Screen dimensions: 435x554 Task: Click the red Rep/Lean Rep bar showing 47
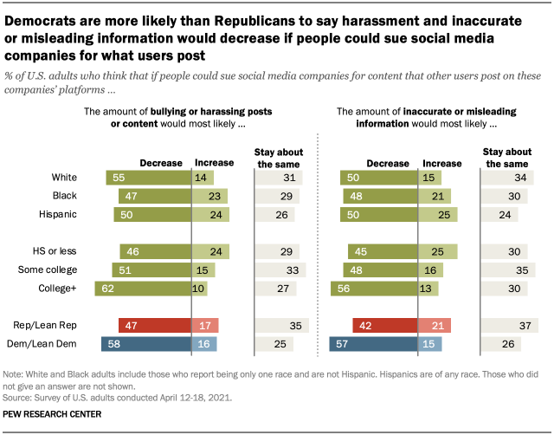pyautogui.click(x=154, y=326)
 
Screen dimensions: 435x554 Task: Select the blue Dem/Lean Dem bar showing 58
pyautogui.click(x=145, y=344)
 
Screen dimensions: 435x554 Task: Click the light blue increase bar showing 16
pyautogui.click(x=203, y=344)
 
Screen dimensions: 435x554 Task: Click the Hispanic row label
pyautogui.click(x=57, y=214)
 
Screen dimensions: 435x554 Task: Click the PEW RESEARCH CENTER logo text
pyautogui.click(x=53, y=414)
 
